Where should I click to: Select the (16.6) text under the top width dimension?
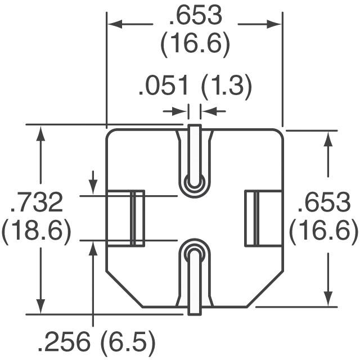195,45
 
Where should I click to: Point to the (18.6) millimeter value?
36,231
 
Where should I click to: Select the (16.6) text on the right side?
323,231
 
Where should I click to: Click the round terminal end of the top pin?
195,182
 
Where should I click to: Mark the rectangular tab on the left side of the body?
126,218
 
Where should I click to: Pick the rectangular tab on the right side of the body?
262,218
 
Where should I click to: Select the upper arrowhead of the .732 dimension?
40,133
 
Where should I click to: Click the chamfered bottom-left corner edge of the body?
124,289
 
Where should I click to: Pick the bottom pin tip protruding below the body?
195,309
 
